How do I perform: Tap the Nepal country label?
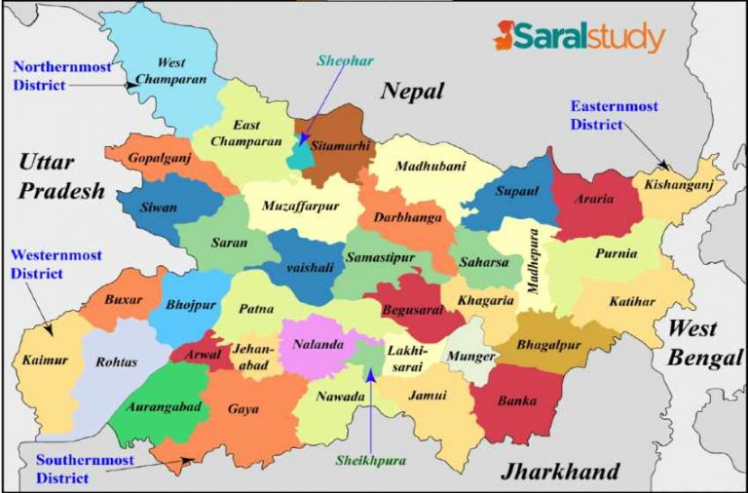(412, 93)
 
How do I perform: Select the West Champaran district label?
(170, 70)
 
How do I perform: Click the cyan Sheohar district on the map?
(298, 154)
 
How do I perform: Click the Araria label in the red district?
(595, 200)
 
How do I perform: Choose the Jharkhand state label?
(559, 473)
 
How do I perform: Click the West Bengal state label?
(704, 344)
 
